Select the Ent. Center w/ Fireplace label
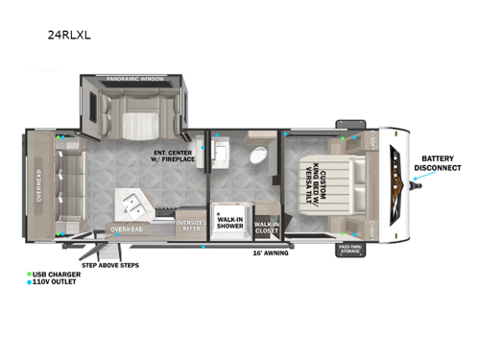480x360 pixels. coord(174,156)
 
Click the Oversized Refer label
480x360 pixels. coord(190,225)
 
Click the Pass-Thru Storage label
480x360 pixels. coord(348,250)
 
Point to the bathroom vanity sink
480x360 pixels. coord(220,152)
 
